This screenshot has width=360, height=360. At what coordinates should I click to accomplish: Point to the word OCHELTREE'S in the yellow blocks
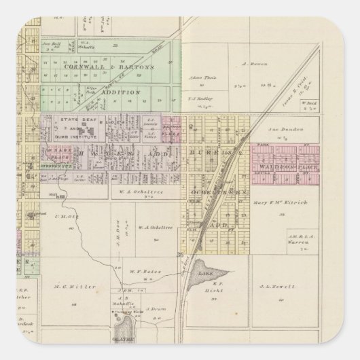click(210, 184)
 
